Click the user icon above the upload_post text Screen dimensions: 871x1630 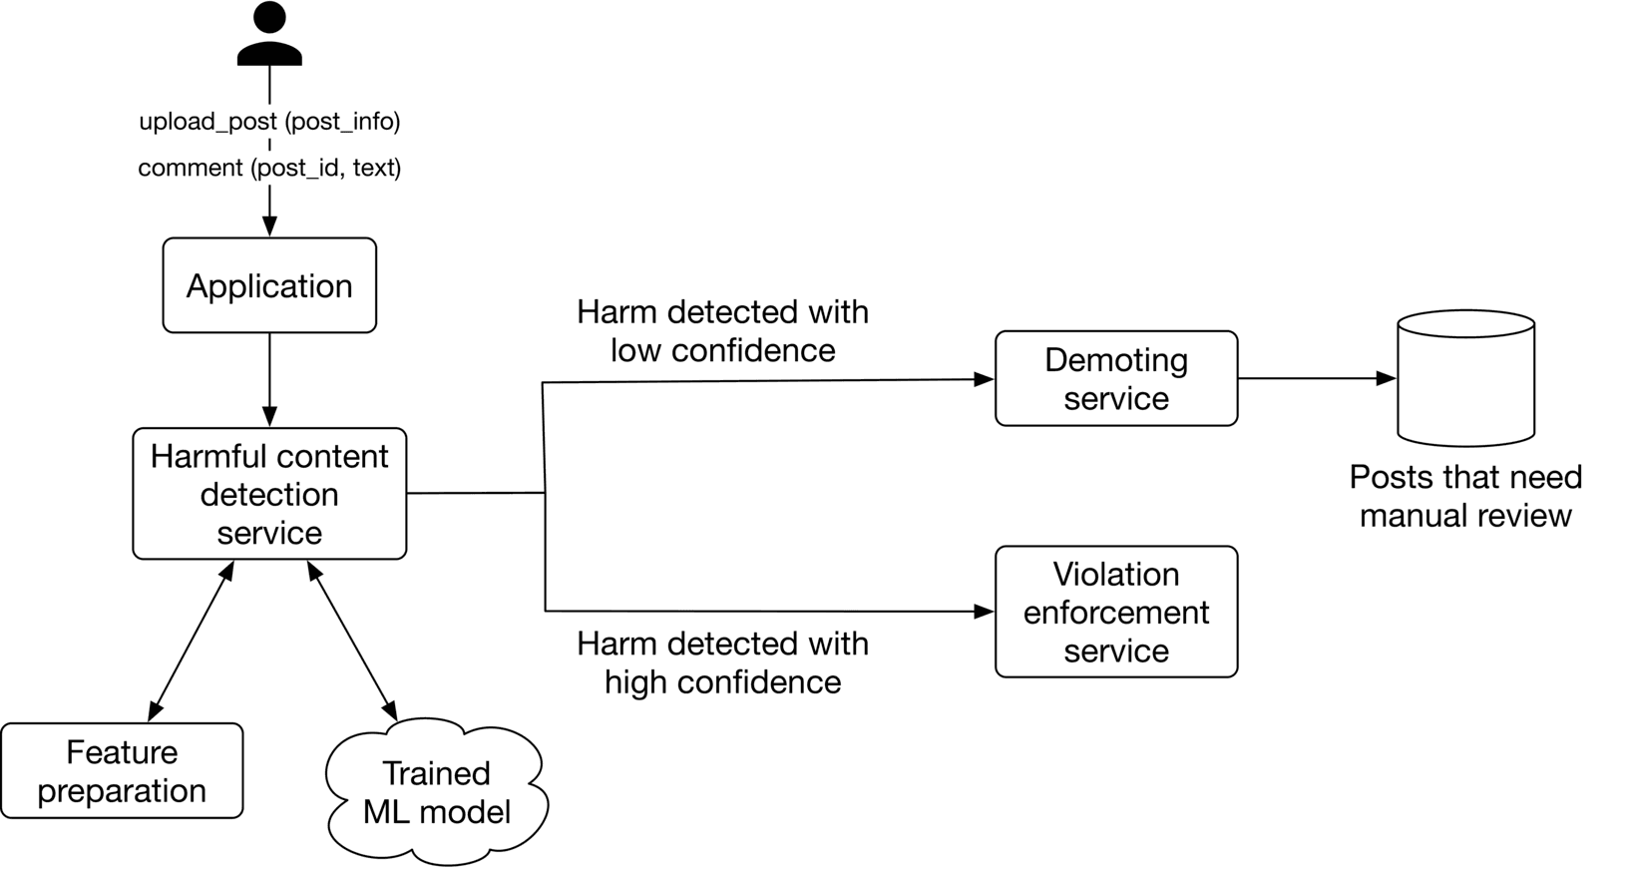[269, 36]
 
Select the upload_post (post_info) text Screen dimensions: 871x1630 [269, 122]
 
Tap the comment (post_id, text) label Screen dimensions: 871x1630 [269, 168]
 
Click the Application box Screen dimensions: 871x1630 [269, 285]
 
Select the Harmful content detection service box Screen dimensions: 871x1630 [269, 494]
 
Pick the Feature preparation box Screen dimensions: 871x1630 [122, 771]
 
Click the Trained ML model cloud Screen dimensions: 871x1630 [436, 792]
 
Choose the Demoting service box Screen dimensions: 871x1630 [1116, 379]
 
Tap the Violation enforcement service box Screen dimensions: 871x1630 [1116, 612]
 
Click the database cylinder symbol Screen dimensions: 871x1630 [1465, 379]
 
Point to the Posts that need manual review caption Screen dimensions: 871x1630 [1465, 496]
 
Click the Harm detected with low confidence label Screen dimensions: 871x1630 [722, 331]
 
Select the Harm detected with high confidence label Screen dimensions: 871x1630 [722, 662]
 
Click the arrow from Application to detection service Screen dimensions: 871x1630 [269, 379]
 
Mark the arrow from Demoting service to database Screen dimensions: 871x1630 [1317, 379]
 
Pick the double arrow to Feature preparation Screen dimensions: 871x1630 [191, 642]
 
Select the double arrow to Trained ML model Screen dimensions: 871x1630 [352, 642]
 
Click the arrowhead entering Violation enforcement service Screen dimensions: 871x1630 [984, 611]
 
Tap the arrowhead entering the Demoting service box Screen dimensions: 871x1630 [984, 379]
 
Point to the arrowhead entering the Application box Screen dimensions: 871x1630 [269, 226]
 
